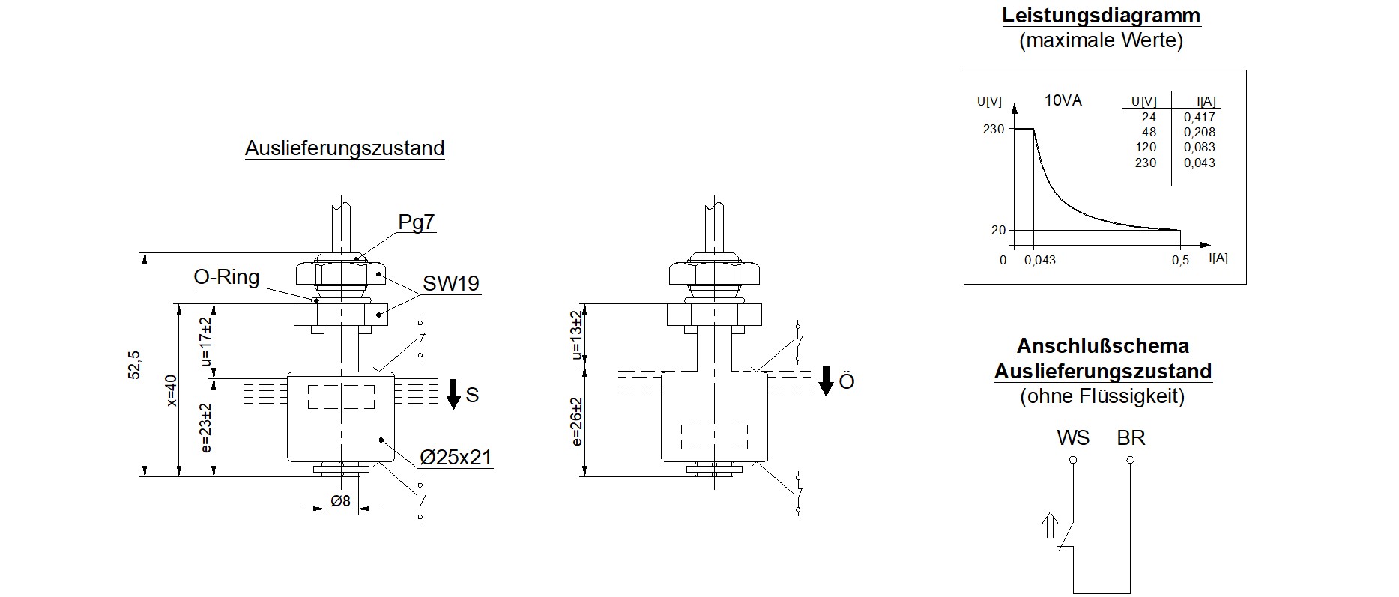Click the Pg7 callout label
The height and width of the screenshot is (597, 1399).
[x=416, y=222]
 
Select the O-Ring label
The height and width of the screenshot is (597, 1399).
[x=226, y=277]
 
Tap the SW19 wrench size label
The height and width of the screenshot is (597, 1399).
[x=450, y=283]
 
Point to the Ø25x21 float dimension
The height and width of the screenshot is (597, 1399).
[x=456, y=457]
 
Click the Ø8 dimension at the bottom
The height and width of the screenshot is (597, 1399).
[x=341, y=501]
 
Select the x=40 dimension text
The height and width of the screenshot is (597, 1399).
[x=171, y=390]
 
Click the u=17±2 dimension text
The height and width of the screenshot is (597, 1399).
[x=206, y=342]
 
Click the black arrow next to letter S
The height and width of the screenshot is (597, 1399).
[x=453, y=394]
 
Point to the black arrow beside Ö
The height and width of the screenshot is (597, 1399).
[x=825, y=381]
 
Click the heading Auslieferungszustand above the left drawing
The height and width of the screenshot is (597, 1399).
[x=345, y=148]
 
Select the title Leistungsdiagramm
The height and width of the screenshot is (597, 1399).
[x=1101, y=16]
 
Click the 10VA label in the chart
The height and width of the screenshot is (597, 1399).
[x=1063, y=100]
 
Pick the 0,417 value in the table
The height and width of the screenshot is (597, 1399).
[x=1199, y=117]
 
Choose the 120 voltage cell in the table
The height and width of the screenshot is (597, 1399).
[x=1146, y=147]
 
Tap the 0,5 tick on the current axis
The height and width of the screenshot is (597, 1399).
[x=1180, y=260]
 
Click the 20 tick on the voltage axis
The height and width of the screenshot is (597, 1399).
[x=998, y=230]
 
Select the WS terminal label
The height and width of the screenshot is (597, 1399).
[x=1072, y=437]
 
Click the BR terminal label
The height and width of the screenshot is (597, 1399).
[x=1131, y=437]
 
